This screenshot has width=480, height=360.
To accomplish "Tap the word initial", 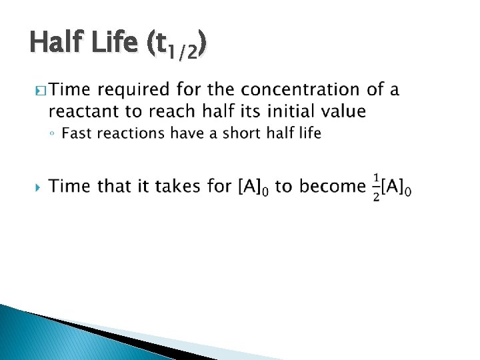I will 290,111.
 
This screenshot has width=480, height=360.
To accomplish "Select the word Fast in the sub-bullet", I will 75,133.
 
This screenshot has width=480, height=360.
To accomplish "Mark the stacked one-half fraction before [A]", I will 377,188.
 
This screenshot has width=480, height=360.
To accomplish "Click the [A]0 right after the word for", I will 254,188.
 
